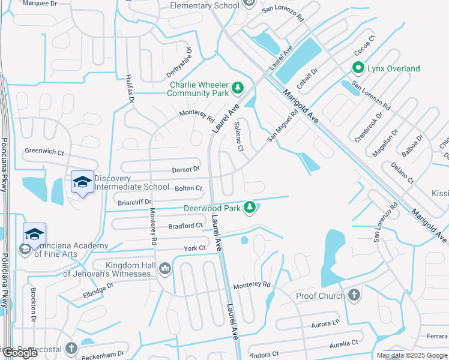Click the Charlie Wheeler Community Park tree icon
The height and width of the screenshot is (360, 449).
tap(238, 88)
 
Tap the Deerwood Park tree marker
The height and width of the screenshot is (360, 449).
tap(250, 208)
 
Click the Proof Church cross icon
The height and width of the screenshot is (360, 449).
tap(354, 295)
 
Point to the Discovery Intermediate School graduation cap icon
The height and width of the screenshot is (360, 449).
tap(82, 181)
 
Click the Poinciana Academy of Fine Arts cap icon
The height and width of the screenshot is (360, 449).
tap(35, 233)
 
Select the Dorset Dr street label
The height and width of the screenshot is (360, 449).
tap(187, 169)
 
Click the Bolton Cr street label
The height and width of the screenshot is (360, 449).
tap(188, 188)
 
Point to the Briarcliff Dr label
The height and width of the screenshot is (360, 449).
tap(135, 202)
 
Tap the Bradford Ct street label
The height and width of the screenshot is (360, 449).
tap(185, 226)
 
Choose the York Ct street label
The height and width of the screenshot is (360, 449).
tap(194, 248)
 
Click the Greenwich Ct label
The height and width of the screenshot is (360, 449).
tap(44, 152)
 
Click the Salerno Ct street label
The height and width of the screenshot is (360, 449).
tap(238, 136)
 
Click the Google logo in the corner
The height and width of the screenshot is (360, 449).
tap(19, 353)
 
